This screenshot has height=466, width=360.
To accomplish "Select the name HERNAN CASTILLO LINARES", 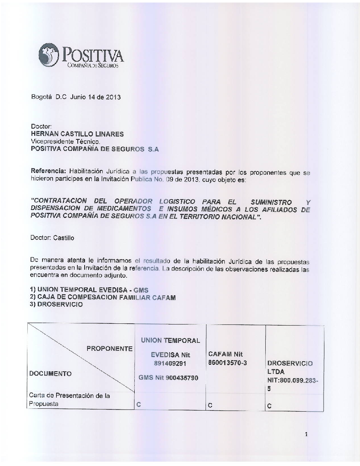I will point(77,134).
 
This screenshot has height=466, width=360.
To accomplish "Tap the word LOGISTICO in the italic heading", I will point(177,201).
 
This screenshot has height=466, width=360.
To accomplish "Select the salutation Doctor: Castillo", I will point(53,238).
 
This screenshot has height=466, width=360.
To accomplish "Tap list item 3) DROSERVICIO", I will point(57,304).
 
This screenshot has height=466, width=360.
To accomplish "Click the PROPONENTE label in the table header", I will point(109,349).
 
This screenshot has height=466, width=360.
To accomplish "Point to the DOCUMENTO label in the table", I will point(50,373).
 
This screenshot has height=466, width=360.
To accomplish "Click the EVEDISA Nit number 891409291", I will point(170,363).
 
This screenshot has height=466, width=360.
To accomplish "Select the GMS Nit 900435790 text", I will point(168,378).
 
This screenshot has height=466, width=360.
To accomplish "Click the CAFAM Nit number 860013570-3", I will point(228,363).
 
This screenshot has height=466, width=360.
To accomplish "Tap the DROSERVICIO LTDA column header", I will point(290,367).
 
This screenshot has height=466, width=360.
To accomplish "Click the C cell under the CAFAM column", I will point(210,405).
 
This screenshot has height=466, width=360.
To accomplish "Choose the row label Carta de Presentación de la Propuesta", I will point(69,400).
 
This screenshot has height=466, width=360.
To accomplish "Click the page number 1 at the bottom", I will point(306,434).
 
